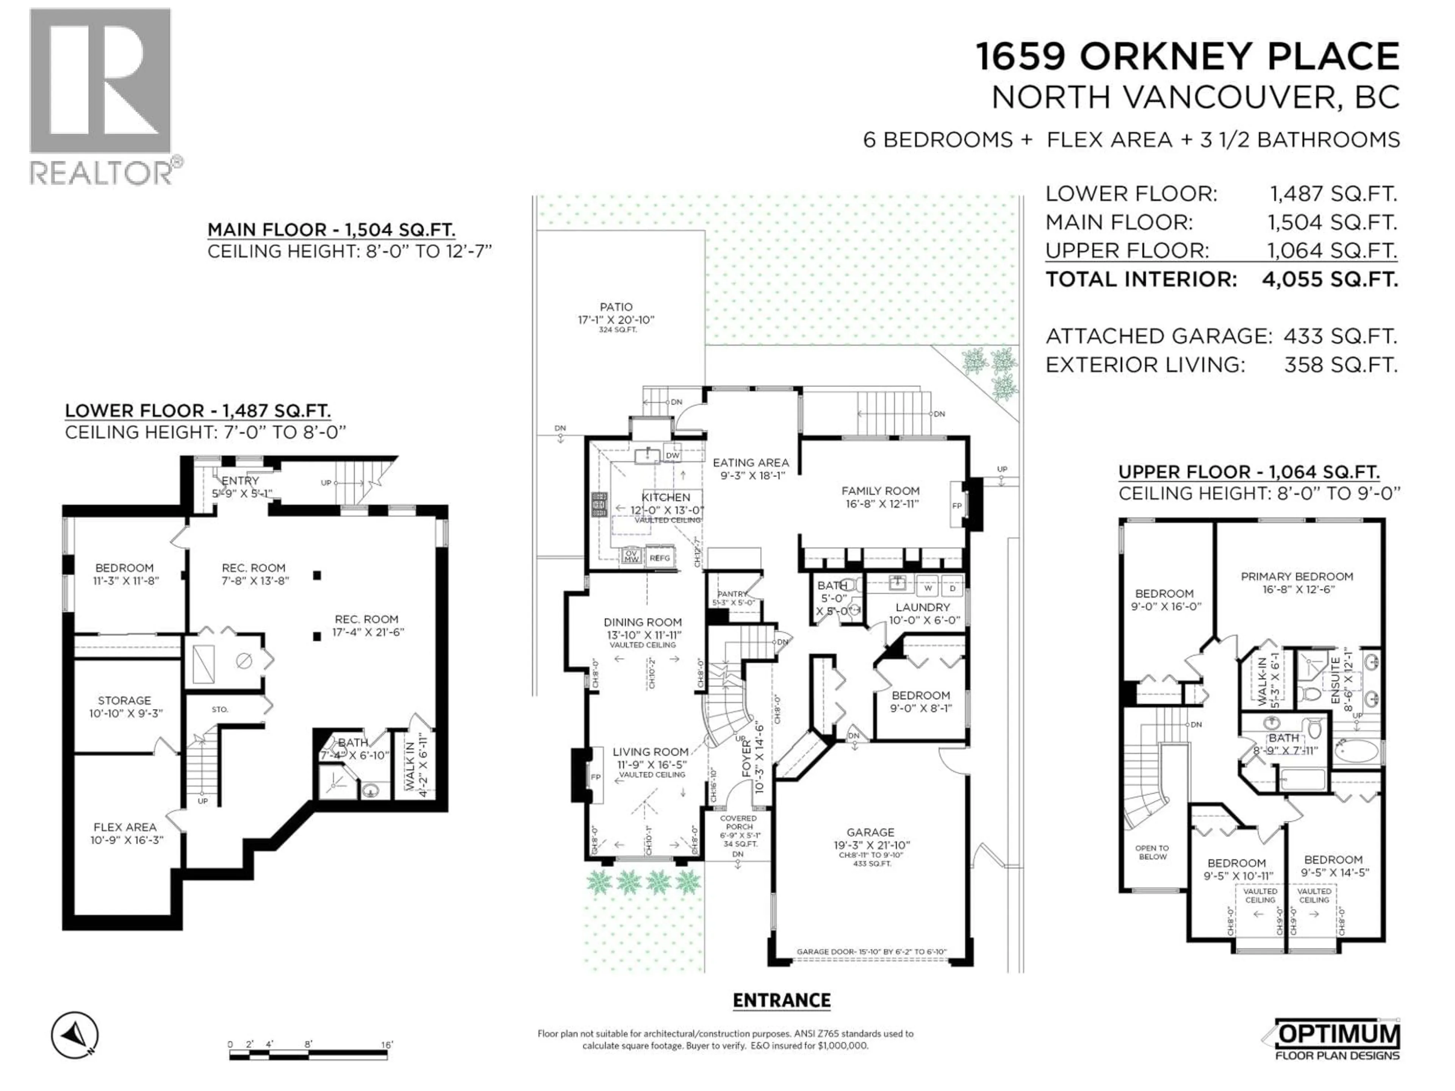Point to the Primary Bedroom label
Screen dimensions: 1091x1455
pos(1297,576)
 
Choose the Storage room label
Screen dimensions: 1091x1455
pos(124,700)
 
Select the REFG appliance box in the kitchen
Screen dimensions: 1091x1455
pos(660,558)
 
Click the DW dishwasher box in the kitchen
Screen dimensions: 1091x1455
pos(671,455)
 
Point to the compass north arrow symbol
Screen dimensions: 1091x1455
pos(75,1035)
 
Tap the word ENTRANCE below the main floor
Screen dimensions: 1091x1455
pos(781,1000)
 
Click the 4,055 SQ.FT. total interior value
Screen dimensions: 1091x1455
pos(1329,280)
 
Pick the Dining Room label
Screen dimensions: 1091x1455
pos(643,622)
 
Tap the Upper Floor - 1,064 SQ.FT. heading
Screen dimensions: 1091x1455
pos(1248,472)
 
